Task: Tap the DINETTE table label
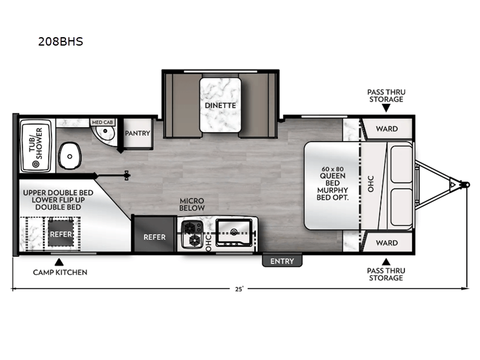tap(220, 105)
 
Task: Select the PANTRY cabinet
tap(137, 133)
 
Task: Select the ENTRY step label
tap(282, 261)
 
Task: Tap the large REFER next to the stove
tap(154, 236)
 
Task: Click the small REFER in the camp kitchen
tap(61, 234)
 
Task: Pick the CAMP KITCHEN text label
tap(60, 272)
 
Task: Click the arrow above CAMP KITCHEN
tap(59, 261)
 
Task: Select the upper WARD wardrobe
tap(386, 129)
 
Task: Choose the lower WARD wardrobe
tap(386, 243)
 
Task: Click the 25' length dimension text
tap(239, 289)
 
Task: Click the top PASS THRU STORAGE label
tap(386, 95)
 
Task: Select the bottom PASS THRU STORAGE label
tap(385, 274)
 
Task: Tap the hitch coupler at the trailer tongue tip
tap(466, 185)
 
